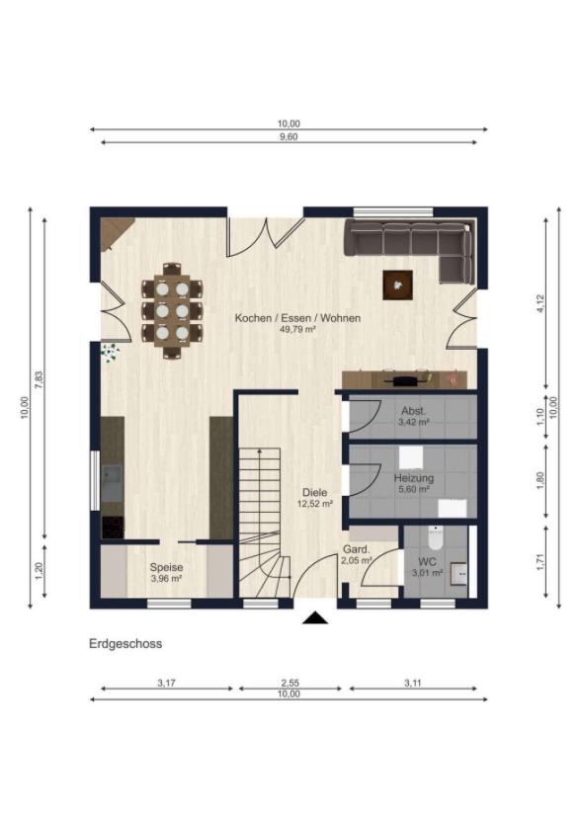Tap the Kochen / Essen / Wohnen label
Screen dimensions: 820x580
click(x=297, y=318)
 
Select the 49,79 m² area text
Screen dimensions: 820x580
click(x=297, y=330)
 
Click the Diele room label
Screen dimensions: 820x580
click(x=314, y=491)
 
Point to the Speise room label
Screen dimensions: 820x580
click(x=166, y=567)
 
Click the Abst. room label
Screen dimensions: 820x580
click(x=413, y=410)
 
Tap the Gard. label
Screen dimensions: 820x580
click(x=356, y=549)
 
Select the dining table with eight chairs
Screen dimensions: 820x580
click(x=172, y=310)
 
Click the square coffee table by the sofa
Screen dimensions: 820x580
click(x=398, y=284)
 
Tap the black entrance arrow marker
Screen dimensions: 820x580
click(x=315, y=618)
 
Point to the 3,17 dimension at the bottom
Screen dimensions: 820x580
click(x=167, y=683)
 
